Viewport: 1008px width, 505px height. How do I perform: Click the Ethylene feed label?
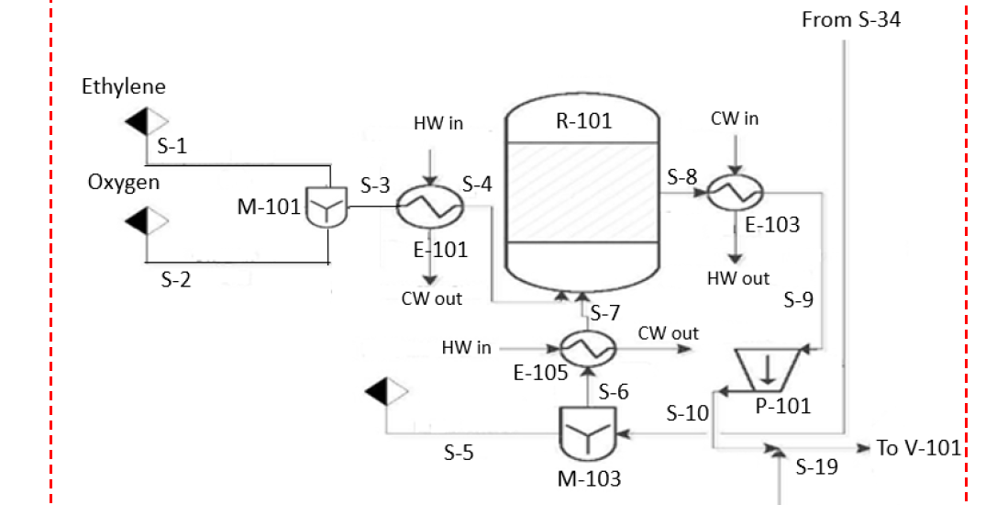click(124, 87)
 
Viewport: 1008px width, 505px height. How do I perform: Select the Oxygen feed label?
click(124, 183)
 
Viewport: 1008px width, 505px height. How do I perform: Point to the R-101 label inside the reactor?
click(583, 121)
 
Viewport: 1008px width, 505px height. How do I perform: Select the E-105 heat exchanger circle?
click(587, 348)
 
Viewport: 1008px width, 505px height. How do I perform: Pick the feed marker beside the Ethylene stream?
click(147, 121)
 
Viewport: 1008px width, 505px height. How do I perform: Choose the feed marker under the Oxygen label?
click(147, 220)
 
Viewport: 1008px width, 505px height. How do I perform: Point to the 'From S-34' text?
click(850, 19)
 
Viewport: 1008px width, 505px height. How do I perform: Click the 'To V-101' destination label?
click(918, 448)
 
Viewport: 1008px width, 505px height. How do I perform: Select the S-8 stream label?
click(682, 177)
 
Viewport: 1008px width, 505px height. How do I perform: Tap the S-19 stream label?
click(816, 466)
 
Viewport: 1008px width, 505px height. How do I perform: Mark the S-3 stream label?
click(375, 186)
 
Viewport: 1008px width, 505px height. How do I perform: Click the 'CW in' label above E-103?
click(735, 118)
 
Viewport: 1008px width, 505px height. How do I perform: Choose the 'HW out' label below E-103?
click(738, 278)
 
